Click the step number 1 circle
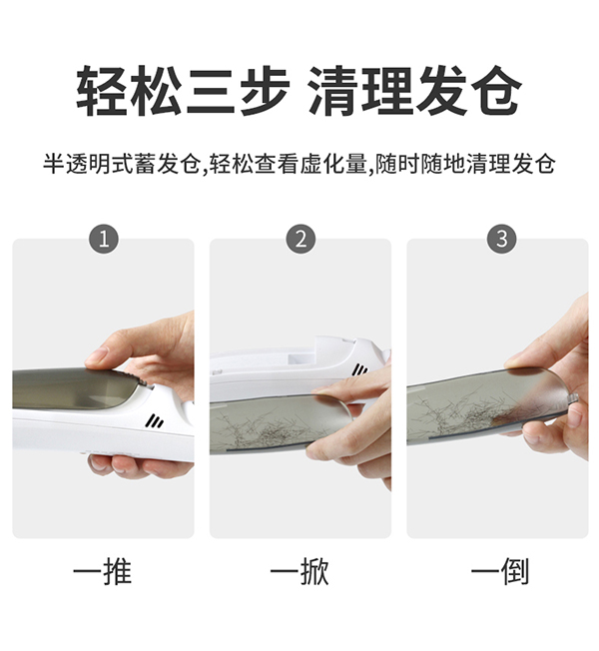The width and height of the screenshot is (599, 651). [104, 240]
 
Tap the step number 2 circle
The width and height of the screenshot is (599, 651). [300, 240]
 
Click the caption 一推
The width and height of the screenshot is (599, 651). [103, 572]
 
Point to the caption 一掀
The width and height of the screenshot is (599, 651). [300, 572]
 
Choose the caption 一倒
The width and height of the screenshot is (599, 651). [500, 572]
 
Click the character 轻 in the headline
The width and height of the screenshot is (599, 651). [104, 91]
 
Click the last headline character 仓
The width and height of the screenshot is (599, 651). [495, 91]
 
